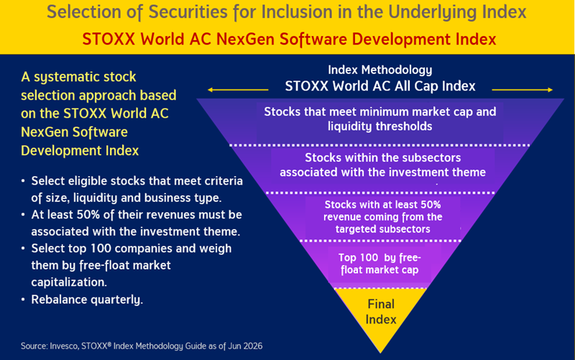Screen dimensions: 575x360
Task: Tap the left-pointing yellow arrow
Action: [238, 90]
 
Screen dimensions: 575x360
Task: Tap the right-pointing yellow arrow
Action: [523, 90]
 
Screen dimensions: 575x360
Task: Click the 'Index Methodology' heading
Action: [380, 70]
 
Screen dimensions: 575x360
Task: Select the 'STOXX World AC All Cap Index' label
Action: [380, 86]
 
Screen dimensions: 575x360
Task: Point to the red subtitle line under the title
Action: [289, 39]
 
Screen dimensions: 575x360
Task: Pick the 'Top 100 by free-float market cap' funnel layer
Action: [379, 264]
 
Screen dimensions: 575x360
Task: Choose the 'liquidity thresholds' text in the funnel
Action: [380, 126]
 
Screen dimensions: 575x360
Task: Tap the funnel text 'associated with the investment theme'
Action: [382, 172]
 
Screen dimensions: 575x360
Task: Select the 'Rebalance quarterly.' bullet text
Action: [87, 300]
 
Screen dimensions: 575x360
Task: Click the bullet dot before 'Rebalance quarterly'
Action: [23, 300]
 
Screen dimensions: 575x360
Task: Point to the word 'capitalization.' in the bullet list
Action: [69, 282]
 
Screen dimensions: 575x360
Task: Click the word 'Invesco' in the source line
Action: [64, 346]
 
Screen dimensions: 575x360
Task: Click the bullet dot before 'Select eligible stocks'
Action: [23, 181]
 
